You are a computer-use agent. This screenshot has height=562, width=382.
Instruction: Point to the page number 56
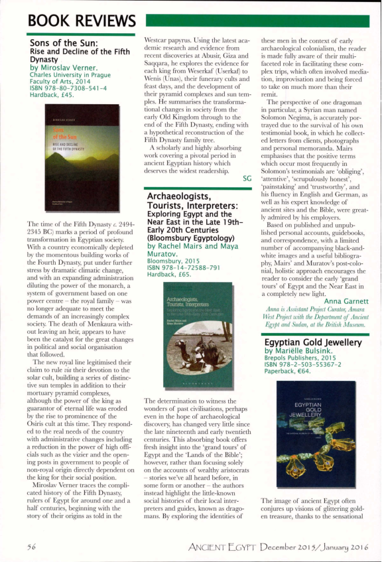pos(31,546)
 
